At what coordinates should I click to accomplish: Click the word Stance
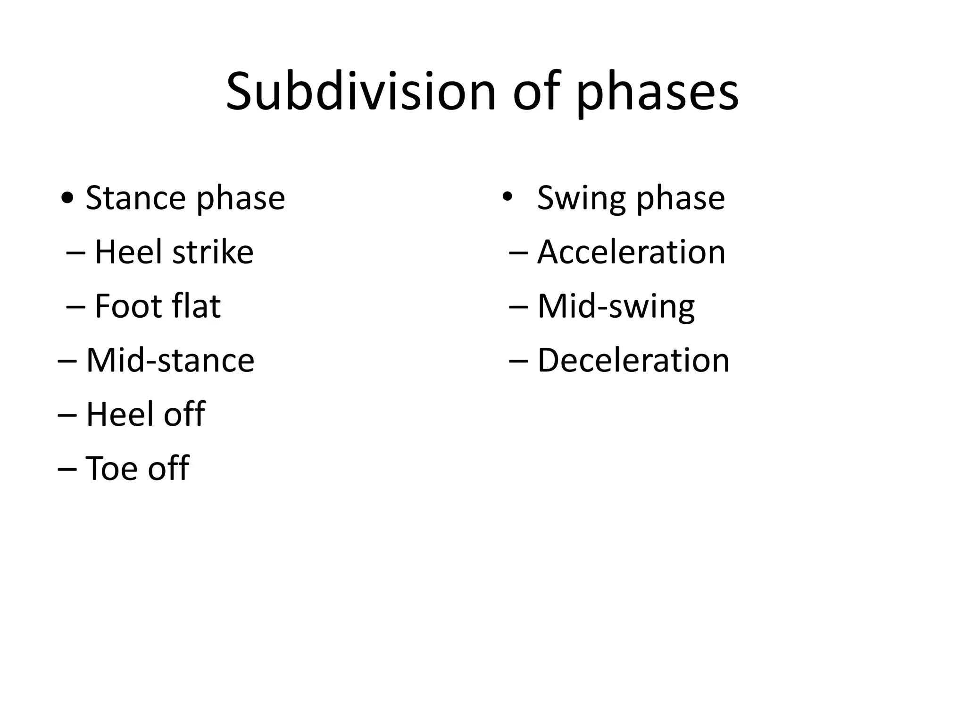[x=135, y=198]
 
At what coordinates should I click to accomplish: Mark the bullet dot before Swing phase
[x=507, y=197]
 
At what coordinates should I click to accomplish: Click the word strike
[x=213, y=252]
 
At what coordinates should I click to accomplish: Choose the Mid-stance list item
[x=170, y=361]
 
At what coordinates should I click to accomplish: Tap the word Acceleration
[x=631, y=252]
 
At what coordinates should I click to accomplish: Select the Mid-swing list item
[x=616, y=307]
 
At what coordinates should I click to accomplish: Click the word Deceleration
[x=633, y=361]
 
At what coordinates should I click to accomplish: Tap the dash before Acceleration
[x=518, y=253]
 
